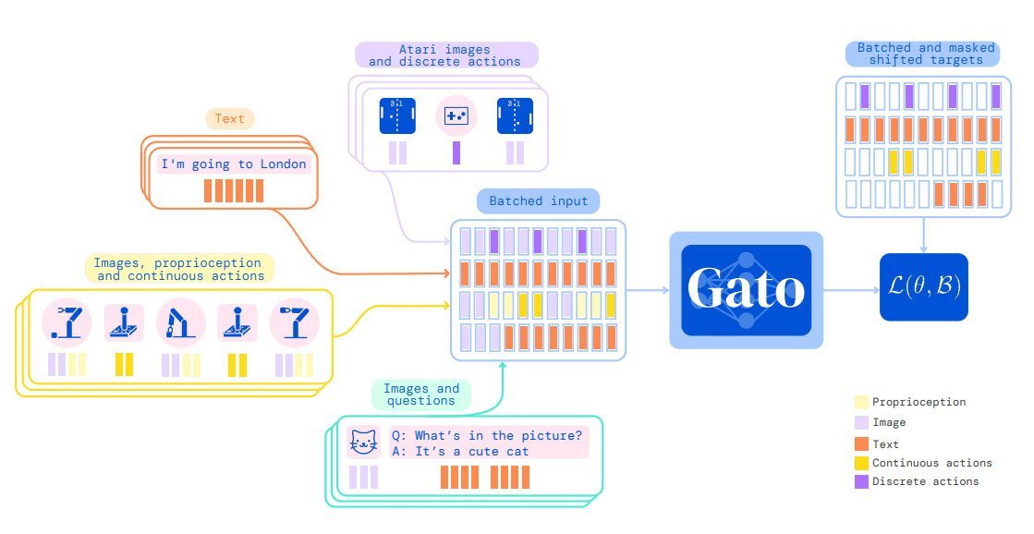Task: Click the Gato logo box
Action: (746, 290)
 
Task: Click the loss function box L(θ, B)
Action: (923, 287)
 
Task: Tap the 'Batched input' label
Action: (538, 201)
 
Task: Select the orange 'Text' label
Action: (229, 119)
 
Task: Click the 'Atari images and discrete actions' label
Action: (444, 55)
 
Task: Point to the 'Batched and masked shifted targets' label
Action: (921, 54)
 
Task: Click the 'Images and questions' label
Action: (420, 394)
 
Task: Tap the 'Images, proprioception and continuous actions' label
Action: (179, 269)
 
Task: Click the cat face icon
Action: (363, 443)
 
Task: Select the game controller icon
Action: (456, 115)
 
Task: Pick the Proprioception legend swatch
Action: (861, 403)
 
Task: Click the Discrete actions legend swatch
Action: (861, 481)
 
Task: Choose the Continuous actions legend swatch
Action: (861, 463)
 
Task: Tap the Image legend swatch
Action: (861, 422)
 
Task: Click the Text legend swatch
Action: (861, 443)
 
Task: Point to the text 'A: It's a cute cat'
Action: (460, 451)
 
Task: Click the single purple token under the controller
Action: (456, 152)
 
